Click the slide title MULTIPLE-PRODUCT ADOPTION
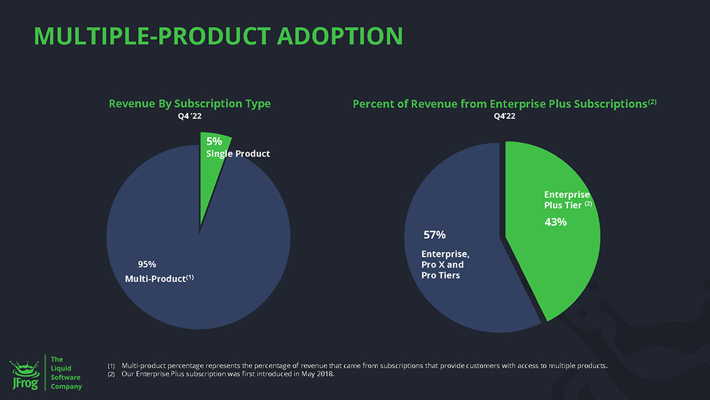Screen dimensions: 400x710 tap(218, 36)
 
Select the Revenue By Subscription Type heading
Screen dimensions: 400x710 tap(189, 104)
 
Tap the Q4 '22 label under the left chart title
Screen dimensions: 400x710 tap(189, 116)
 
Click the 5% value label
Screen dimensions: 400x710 tap(215, 141)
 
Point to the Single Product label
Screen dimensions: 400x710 tap(238, 154)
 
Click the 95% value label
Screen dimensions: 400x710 tap(147, 264)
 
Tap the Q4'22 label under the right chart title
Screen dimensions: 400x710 tap(504, 116)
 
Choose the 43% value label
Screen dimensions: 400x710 tap(556, 222)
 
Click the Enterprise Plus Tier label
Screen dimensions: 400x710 tap(567, 200)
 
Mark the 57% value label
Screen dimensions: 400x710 tap(435, 235)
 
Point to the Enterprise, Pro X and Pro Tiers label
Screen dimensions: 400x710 tap(445, 264)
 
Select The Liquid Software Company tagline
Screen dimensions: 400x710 tap(66, 373)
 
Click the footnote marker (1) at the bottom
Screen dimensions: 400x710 tap(110, 366)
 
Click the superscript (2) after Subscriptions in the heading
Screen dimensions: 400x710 tap(652, 101)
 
